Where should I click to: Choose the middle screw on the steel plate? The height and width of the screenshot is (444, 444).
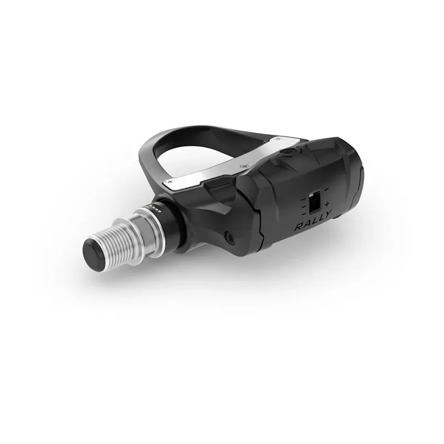[x=243, y=165]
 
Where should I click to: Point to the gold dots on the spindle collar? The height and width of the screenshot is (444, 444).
[x=155, y=209]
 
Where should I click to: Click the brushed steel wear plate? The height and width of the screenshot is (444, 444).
[x=222, y=169]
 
